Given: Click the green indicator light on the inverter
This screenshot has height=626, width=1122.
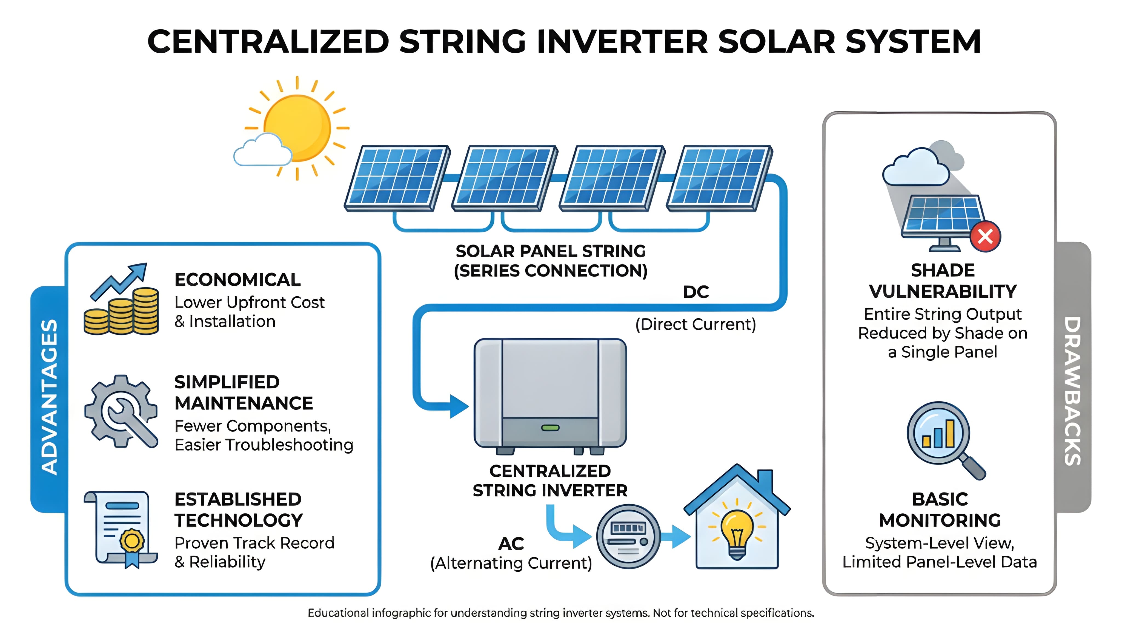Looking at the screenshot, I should coord(550,428).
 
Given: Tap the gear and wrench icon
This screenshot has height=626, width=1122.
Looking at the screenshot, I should coord(121,411).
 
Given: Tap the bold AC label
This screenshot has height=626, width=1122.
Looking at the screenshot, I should coord(511,544).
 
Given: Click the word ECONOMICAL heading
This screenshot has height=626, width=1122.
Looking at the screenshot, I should coord(237,280).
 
